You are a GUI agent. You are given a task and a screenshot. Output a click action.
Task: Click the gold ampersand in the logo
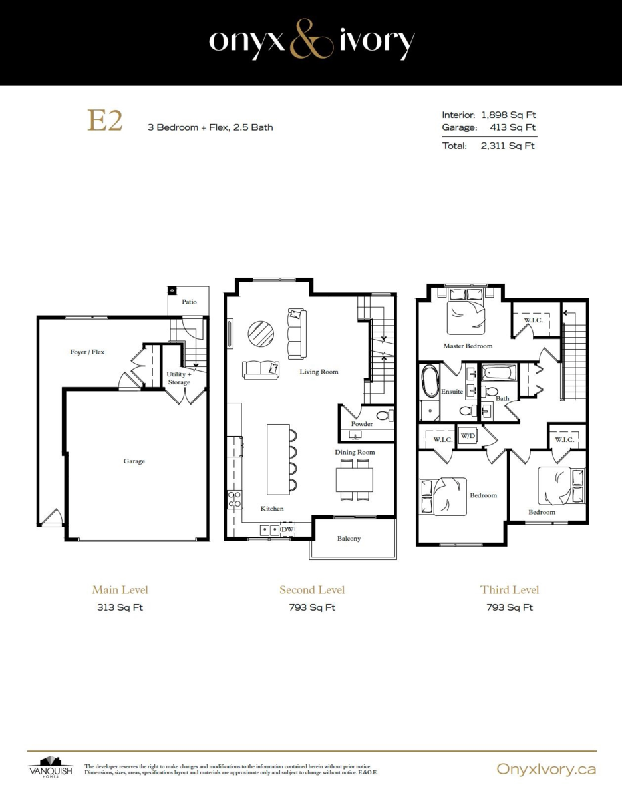pos(311,39)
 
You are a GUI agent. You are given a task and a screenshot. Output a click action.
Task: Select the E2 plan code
pos(104,121)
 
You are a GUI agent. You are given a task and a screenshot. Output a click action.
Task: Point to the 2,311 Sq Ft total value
pos(508,146)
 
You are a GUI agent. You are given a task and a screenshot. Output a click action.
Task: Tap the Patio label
pos(189,302)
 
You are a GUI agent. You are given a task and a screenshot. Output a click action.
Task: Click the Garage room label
pos(134,461)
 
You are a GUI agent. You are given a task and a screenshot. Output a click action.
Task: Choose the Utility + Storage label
pos(179,378)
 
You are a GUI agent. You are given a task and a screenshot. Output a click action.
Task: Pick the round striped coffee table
pos(261,334)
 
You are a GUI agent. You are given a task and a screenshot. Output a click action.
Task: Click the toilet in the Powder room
pos(385,416)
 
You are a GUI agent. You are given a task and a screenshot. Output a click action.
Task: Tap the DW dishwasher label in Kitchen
pos(287,529)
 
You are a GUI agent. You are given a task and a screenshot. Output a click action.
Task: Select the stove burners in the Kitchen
pos(234,499)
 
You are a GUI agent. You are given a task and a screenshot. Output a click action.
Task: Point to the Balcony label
pos(349,539)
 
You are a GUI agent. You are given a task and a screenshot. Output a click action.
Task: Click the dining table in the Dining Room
pos(355,479)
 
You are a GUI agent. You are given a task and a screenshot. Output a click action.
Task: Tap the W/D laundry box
pos(468,436)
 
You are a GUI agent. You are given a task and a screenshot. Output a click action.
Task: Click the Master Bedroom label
pos(468,346)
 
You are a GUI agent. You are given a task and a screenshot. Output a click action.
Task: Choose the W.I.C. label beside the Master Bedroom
pos(533,320)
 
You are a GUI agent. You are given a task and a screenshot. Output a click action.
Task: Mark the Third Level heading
pos(509,590)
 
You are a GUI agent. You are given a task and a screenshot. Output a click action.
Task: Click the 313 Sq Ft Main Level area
pos(120,607)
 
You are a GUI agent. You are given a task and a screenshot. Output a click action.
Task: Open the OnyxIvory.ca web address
pos(546,769)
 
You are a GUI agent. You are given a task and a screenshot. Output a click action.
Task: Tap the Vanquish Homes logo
pos(51,767)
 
